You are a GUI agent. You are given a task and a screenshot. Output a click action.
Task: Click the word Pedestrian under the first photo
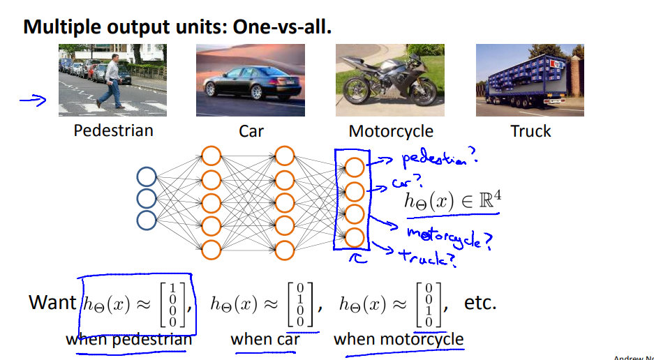[x=113, y=130]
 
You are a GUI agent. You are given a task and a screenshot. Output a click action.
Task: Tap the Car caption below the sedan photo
[x=251, y=131]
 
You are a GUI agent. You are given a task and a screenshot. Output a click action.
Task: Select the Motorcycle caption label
[x=391, y=131]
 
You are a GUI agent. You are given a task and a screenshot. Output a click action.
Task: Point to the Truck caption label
[x=530, y=131]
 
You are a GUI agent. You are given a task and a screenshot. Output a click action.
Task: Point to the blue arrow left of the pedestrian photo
[x=32, y=102]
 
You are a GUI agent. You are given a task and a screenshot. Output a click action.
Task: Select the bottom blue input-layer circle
[x=147, y=220]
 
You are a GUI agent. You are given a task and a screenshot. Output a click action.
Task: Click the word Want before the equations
[x=52, y=302]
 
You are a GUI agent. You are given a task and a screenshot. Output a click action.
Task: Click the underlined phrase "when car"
[x=265, y=340]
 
